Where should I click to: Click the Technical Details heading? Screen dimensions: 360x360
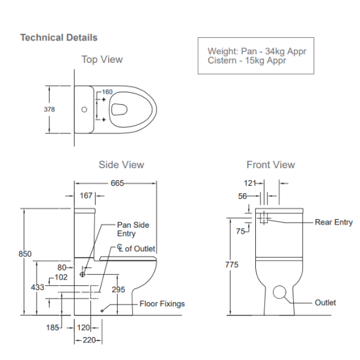click(x=59, y=37)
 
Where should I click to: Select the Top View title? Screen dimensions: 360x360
click(x=101, y=60)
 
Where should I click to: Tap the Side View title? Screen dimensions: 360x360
click(x=121, y=165)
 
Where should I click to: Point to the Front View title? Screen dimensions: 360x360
click(x=270, y=165)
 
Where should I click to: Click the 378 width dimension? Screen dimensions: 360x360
click(x=49, y=109)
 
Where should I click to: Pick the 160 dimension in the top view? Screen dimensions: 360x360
click(x=107, y=92)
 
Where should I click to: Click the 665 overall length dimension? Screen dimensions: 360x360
click(x=117, y=183)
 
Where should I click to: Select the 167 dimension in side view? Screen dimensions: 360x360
click(x=86, y=195)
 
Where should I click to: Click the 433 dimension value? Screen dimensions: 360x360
click(x=37, y=287)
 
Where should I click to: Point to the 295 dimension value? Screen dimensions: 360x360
click(x=118, y=289)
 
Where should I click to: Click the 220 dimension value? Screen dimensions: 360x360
click(x=89, y=340)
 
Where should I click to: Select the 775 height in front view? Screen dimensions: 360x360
click(x=231, y=264)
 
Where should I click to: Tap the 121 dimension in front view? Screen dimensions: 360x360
click(x=250, y=184)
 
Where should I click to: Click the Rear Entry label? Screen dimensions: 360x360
click(x=333, y=223)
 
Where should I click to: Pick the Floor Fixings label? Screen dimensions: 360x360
click(x=162, y=304)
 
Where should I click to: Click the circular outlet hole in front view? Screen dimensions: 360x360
click(x=280, y=293)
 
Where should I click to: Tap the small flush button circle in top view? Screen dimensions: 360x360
click(x=84, y=109)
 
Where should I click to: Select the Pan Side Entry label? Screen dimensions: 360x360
click(x=133, y=228)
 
